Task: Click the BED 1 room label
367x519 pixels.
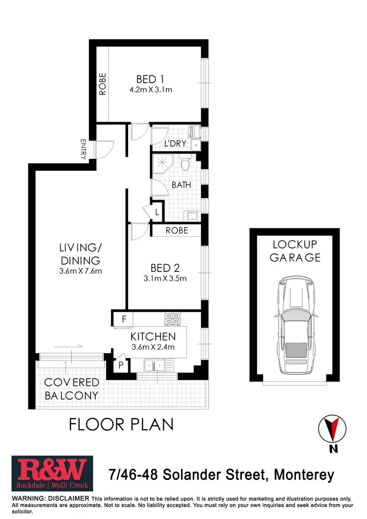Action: pos(150,79)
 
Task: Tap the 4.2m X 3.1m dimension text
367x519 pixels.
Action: pos(150,90)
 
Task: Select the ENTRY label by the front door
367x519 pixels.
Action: pos(83,149)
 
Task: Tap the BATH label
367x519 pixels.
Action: pos(181,185)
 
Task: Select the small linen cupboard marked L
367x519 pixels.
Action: pos(157,212)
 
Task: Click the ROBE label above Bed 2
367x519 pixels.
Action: pos(177,230)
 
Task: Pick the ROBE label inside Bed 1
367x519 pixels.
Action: pos(102,84)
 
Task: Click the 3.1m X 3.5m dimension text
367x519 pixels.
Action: pos(165,279)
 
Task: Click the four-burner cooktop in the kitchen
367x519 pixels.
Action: pos(172,319)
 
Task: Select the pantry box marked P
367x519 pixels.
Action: pos(120,364)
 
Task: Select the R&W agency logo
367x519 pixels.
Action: pos(49,474)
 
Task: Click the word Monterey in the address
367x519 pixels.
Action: pos(304,474)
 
